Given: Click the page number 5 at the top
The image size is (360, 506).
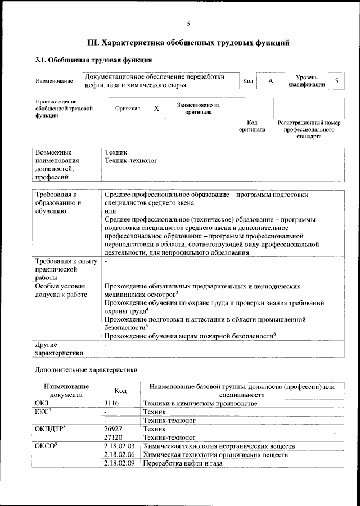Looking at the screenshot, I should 188,24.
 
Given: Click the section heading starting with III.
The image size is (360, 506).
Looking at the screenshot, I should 188,42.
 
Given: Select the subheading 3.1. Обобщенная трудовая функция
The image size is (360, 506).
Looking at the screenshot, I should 93,60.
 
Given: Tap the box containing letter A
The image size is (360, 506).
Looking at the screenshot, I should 271,81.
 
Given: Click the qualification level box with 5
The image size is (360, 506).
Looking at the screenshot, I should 336,81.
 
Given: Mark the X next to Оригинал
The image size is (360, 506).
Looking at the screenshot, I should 157,108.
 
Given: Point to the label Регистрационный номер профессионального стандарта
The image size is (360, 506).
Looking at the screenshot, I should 309,129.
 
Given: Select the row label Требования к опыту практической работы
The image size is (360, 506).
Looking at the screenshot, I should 66,269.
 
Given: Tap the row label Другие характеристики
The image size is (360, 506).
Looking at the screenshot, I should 59,349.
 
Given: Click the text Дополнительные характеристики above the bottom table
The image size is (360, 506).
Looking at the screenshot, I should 86,371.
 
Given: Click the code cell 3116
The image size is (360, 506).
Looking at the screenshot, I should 114,404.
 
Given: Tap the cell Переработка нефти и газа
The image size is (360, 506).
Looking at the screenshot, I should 183,464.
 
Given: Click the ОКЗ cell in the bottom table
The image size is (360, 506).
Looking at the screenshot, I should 42,404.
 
